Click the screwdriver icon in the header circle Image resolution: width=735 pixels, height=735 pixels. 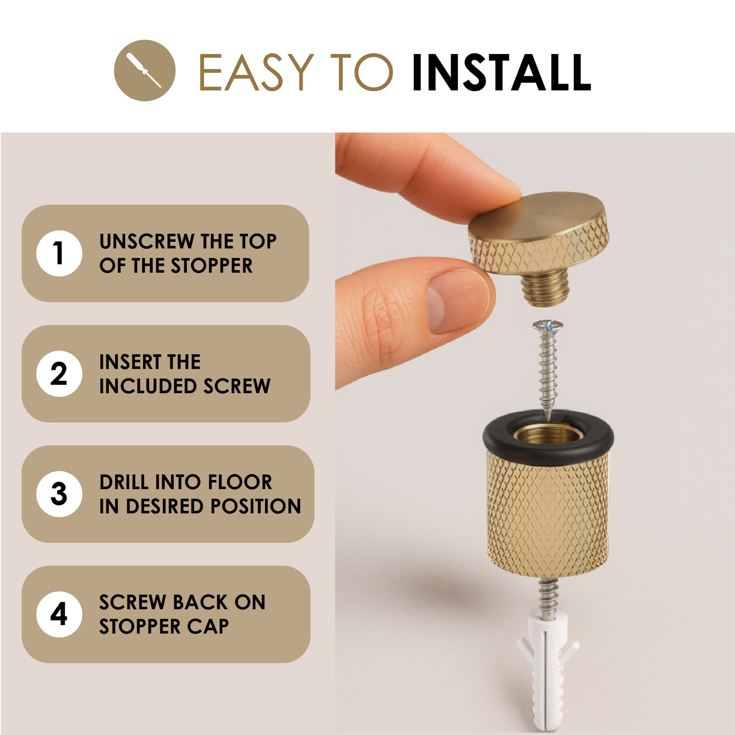tap(144, 70)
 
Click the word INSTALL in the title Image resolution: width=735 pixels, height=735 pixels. tap(502, 72)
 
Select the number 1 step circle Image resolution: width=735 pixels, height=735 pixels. tap(59, 253)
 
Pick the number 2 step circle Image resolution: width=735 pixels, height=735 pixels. tap(59, 374)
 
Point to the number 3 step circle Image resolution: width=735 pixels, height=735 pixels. tap(59, 494)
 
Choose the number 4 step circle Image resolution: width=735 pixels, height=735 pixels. tap(59, 615)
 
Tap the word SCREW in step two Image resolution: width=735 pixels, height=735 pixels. tap(237, 386)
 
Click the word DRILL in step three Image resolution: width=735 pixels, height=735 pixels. tap(124, 482)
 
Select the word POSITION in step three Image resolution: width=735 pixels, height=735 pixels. tap(256, 506)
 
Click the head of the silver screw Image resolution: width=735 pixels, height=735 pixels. tap(548, 326)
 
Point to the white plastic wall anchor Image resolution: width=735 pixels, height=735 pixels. tap(548, 673)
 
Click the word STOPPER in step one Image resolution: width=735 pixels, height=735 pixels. tap(212, 266)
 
